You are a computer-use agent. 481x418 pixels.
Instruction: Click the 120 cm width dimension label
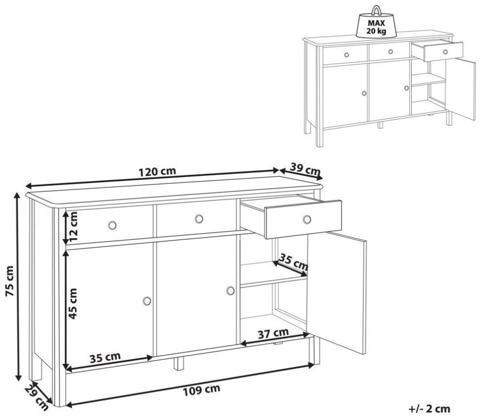coord(157,171)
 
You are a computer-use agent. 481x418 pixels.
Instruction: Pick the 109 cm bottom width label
coord(201,390)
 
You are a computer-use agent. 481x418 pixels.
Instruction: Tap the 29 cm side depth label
coord(36,397)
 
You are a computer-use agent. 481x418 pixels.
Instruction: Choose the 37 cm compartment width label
coord(273,333)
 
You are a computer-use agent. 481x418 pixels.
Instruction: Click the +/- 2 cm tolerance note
coord(429,409)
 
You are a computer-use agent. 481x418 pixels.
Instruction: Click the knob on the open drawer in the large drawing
coord(307,220)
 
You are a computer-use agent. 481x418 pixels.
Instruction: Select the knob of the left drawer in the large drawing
coord(112,225)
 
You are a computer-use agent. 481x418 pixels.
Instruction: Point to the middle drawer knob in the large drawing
coord(199,219)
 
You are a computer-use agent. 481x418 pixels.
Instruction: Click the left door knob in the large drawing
coord(147,301)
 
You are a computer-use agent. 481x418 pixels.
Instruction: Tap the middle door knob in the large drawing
coord(230,291)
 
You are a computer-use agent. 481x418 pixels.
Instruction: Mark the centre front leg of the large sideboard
coord(178,364)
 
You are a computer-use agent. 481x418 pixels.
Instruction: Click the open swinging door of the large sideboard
coord(337,292)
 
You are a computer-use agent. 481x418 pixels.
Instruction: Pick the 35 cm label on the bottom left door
coord(105,358)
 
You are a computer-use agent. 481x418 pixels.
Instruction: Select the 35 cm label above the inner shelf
coord(294,262)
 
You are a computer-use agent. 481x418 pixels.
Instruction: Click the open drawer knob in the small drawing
coord(445,52)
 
